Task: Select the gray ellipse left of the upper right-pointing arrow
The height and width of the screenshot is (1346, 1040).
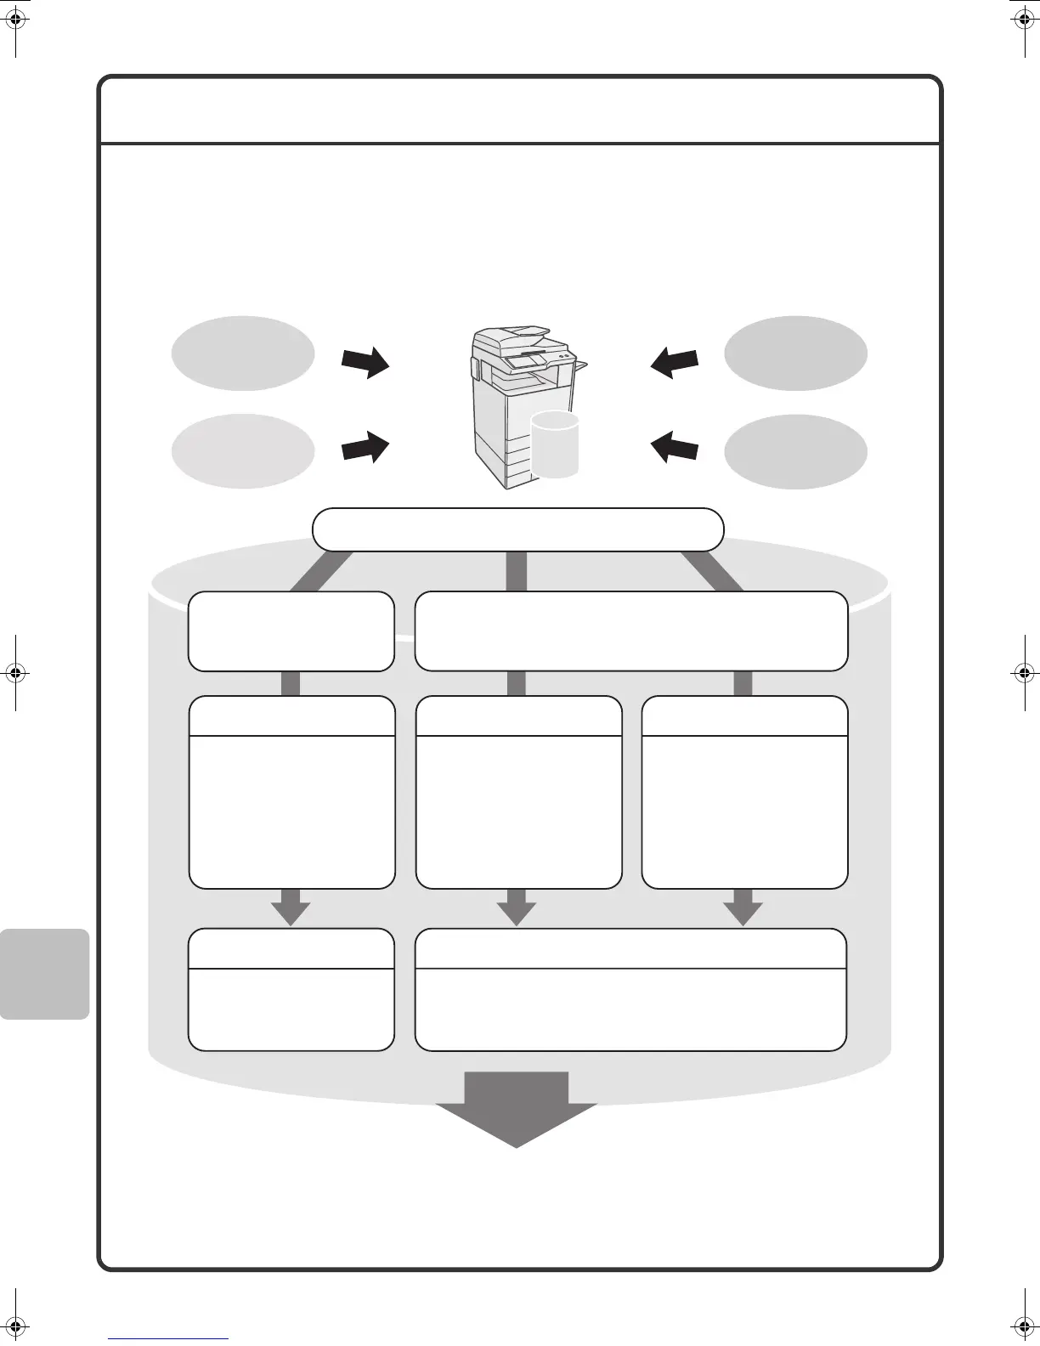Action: [243, 353]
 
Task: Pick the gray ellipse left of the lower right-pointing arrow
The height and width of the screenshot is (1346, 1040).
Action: [243, 451]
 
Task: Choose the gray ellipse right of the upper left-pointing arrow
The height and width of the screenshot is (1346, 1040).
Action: [795, 353]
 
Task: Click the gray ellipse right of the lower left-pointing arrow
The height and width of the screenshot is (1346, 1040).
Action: [795, 451]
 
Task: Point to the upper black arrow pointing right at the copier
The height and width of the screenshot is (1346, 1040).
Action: [365, 363]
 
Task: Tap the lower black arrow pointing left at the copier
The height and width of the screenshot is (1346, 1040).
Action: [674, 445]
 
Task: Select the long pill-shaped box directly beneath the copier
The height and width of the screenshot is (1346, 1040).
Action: [517, 529]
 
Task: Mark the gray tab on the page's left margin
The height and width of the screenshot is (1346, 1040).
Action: [44, 974]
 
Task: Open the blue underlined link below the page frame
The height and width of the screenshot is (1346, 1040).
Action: [168, 1338]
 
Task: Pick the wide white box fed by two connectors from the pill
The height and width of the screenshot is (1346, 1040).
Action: [630, 631]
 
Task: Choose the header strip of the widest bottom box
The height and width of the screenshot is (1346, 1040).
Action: [630, 949]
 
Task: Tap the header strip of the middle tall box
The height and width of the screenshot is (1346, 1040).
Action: [518, 716]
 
